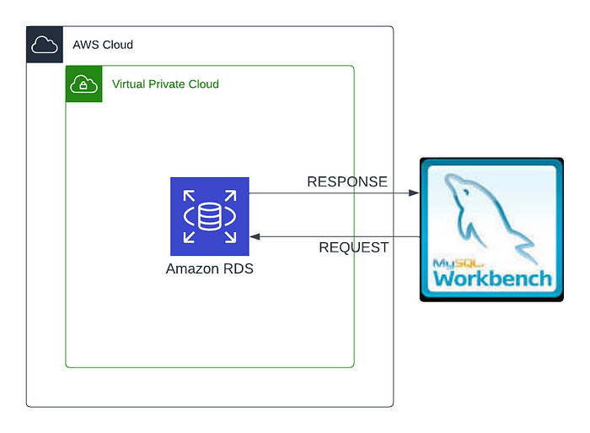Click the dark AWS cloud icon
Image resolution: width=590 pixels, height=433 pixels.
click(x=45, y=45)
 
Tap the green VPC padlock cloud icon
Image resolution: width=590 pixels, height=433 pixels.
click(x=83, y=84)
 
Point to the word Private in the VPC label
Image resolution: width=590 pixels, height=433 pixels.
click(x=173, y=84)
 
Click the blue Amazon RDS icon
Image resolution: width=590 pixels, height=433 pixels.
click(x=209, y=216)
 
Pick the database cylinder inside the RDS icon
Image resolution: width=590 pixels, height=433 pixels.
click(x=209, y=216)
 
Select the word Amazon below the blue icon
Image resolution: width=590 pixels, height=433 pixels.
click(x=190, y=269)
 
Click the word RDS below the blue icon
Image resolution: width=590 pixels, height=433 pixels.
click(x=236, y=269)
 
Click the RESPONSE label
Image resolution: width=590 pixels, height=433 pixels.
click(x=347, y=181)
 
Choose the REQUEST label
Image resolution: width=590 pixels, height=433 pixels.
click(x=354, y=247)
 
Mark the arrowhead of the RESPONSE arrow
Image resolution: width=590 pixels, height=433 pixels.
click(x=414, y=193)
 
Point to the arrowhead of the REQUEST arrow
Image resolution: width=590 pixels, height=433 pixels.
click(x=255, y=237)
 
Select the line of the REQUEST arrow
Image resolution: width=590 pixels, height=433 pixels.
click(x=337, y=237)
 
